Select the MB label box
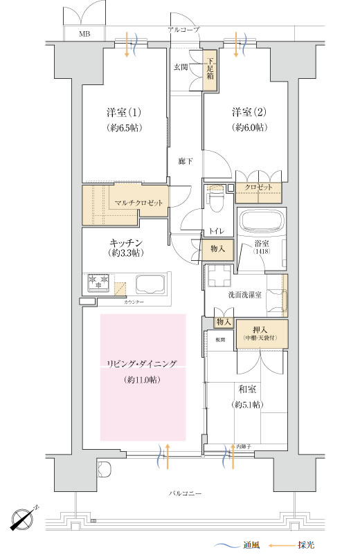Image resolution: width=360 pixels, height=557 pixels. coord(84,33)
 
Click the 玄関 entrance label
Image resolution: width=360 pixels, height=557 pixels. coord(181,67)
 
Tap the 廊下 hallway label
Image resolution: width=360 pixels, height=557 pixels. coord(185,161)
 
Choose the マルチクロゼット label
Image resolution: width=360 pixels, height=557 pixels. coord(138,203)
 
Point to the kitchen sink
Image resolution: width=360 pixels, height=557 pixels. coord(150,284)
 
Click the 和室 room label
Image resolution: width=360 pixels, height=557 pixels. coord(246,390)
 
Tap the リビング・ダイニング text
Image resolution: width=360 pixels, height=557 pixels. coord(142,363)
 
